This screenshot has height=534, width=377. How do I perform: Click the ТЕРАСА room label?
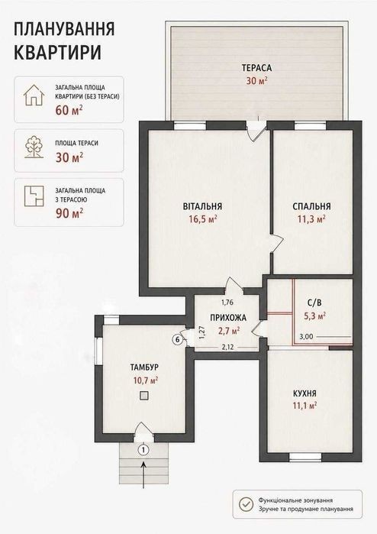tap(257, 68)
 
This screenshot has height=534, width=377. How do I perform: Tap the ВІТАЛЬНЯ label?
tap(202, 206)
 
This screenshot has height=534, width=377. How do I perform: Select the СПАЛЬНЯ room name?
tap(311, 206)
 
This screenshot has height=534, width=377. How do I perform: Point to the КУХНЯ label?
tap(304, 393)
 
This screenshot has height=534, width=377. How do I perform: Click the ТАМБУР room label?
tap(144, 367)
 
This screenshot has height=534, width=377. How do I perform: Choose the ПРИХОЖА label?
tap(228, 318)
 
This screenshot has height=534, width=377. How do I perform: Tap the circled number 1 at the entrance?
tap(144, 450)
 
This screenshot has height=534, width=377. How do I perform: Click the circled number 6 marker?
tap(177, 339)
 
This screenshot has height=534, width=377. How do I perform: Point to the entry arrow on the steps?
tap(143, 474)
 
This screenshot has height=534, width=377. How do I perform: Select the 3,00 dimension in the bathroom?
tap(306, 337)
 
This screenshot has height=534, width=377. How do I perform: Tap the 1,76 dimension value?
tap(227, 302)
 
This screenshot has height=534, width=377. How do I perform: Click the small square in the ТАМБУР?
tap(144, 395)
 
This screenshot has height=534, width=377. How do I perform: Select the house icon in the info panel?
tap(34, 95)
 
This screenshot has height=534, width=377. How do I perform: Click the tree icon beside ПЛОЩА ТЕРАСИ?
tap(34, 147)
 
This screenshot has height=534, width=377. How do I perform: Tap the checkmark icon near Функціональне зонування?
tap(246, 504)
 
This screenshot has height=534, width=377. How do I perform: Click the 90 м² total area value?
tap(69, 213)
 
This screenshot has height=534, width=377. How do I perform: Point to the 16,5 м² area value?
tap(203, 219)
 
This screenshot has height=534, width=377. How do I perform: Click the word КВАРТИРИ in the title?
tap(58, 53)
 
